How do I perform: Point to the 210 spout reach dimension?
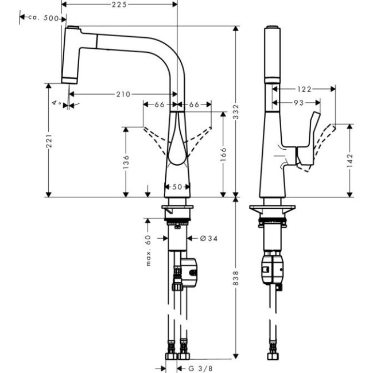coord(122,94)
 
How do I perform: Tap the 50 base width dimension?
coord(177,187)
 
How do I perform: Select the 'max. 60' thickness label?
coord(147,250)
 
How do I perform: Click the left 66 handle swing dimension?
coord(159,104)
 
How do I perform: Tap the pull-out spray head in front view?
coord(72,55)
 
